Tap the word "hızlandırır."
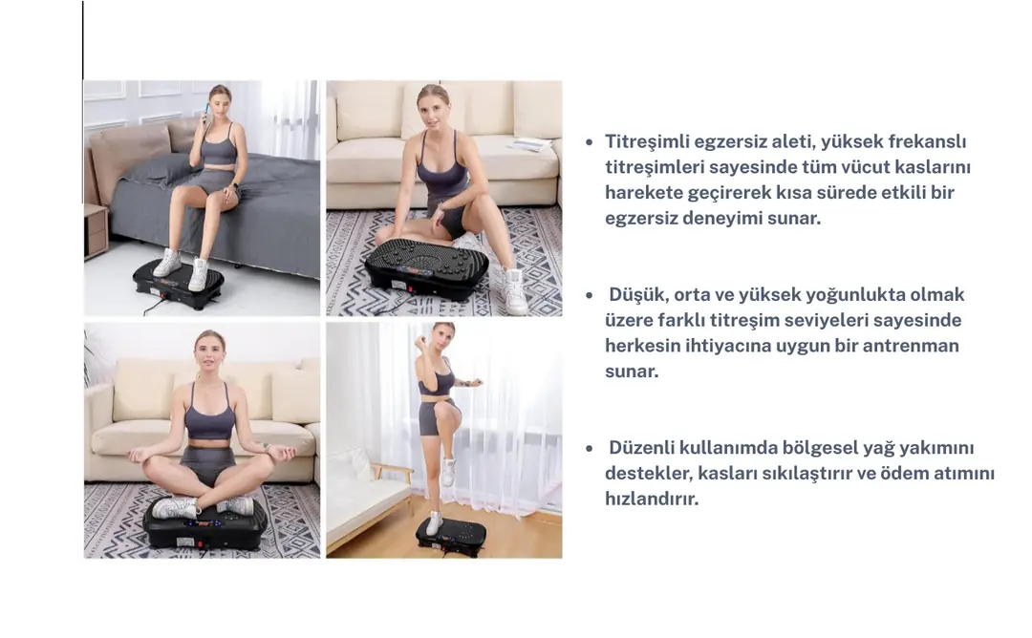652,499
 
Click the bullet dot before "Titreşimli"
589,142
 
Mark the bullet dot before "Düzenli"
589,449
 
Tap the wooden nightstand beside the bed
96,230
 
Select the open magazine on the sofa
528,145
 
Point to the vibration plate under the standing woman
451,537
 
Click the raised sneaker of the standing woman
449,472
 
